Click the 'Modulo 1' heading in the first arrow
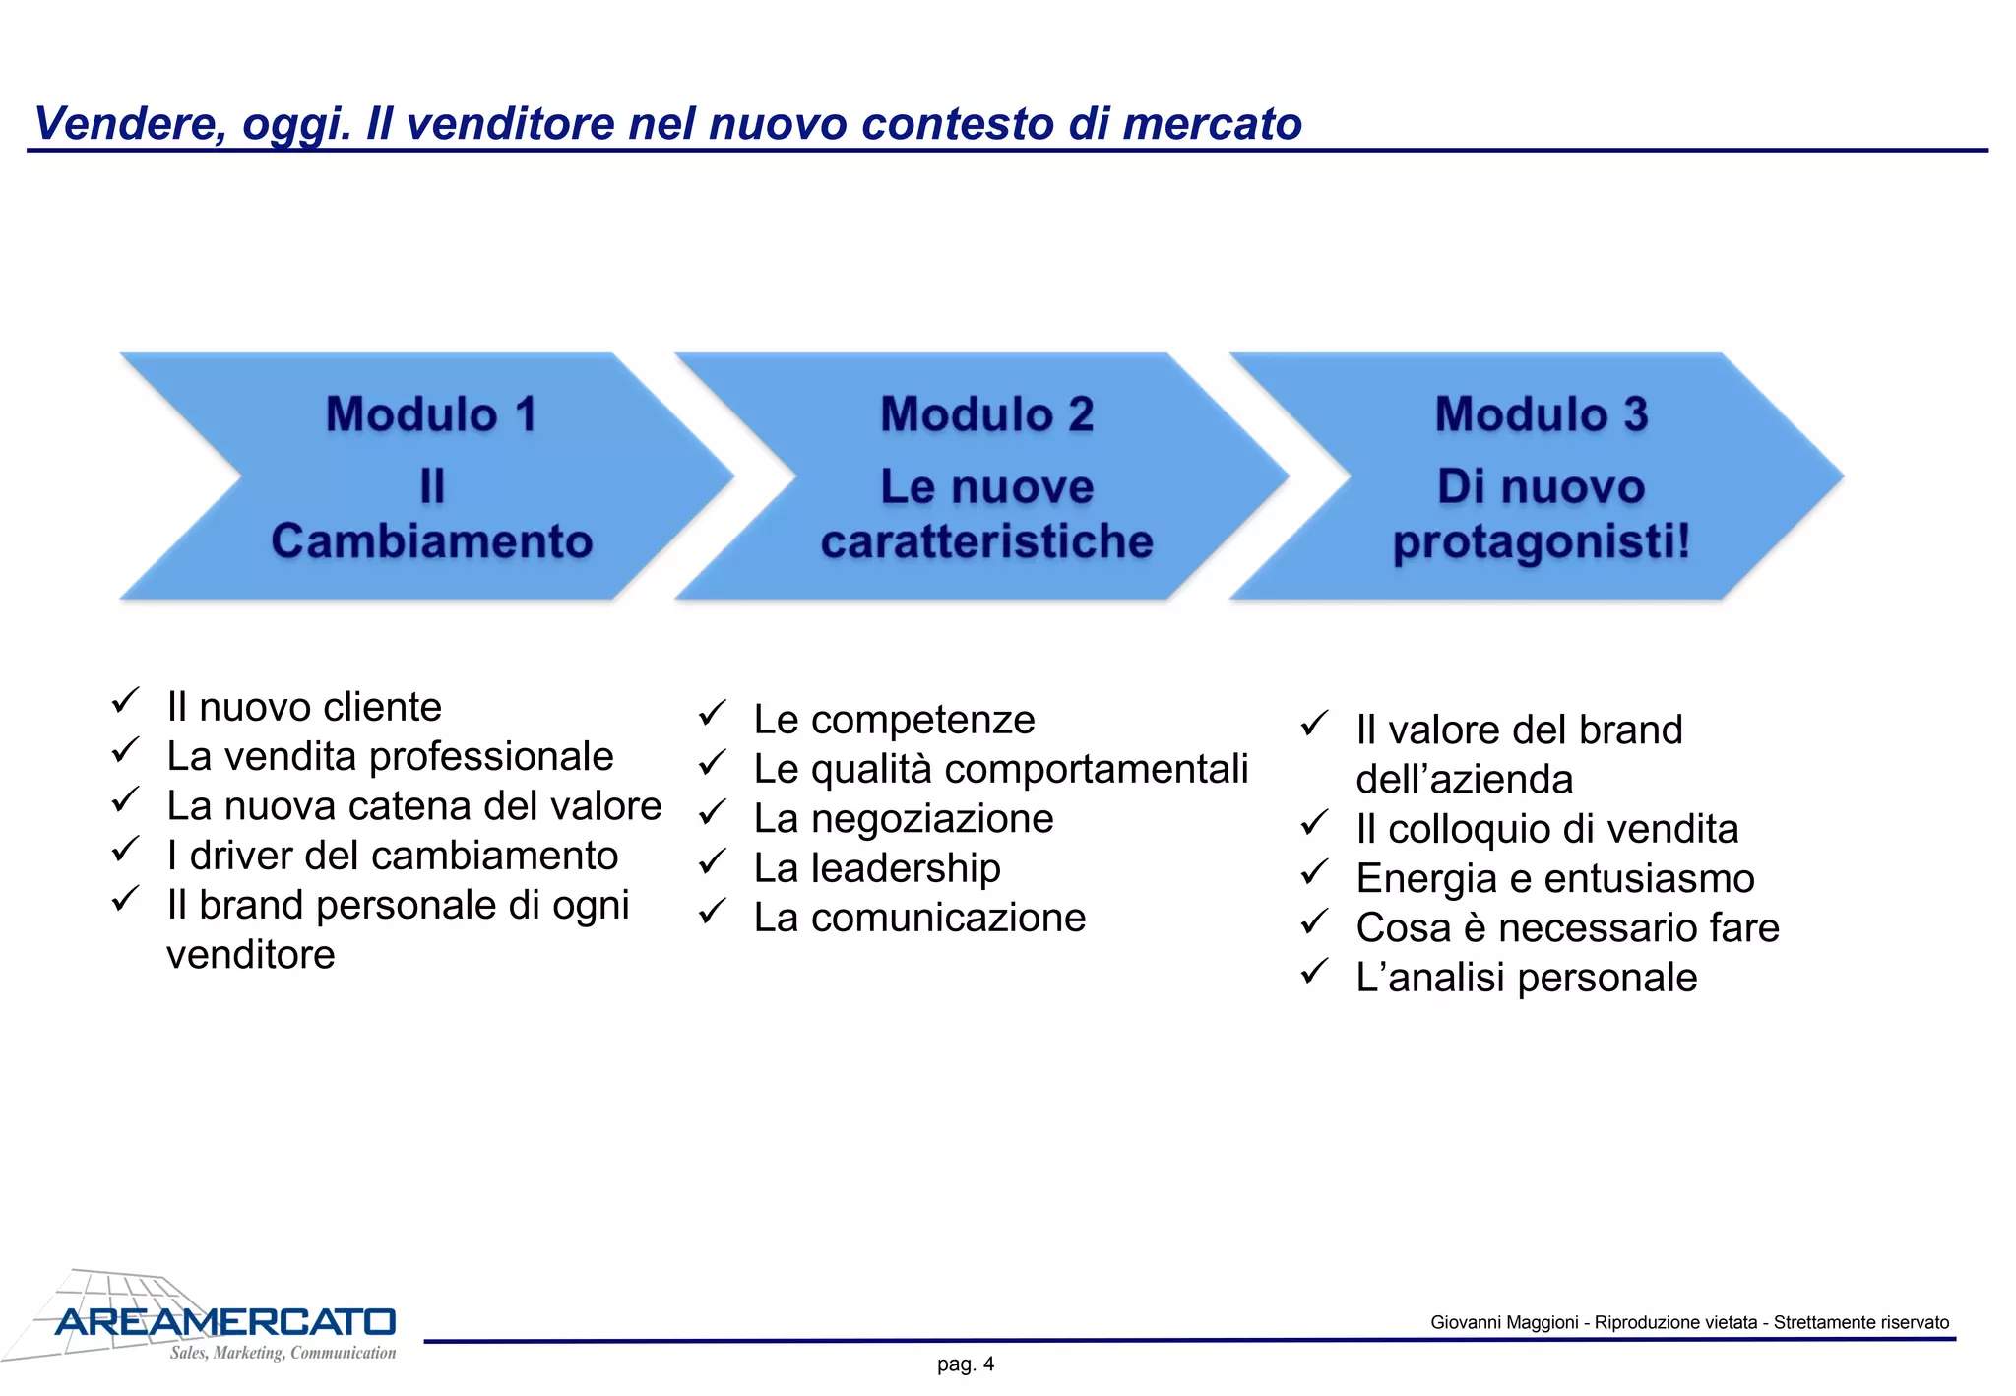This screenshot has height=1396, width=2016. pyautogui.click(x=431, y=413)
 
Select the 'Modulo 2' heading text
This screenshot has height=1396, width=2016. pyautogui.click(x=986, y=413)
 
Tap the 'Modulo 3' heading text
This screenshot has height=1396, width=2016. pyautogui.click(x=1541, y=413)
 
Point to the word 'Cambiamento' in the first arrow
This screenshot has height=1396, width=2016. pyautogui.click(x=431, y=541)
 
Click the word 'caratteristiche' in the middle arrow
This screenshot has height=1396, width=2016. pyautogui.click(x=986, y=541)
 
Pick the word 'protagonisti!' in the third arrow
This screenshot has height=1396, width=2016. pyautogui.click(x=1541, y=541)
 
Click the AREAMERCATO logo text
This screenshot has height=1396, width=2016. pyautogui.click(x=225, y=1322)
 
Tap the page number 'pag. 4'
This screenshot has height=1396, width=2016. pyautogui.click(x=966, y=1364)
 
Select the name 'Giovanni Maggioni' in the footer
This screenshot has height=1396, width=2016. pyautogui.click(x=1503, y=1322)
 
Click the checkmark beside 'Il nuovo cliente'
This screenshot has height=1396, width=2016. pyautogui.click(x=125, y=701)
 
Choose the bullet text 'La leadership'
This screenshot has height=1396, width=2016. pyautogui.click(x=877, y=868)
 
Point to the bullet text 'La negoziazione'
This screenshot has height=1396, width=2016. pyautogui.click(x=904, y=819)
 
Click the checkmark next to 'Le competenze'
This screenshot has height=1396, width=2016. pyautogui.click(x=712, y=714)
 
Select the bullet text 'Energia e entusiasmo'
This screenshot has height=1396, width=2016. pyautogui.click(x=1554, y=878)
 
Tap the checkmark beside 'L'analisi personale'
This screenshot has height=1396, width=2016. pyautogui.click(x=1314, y=972)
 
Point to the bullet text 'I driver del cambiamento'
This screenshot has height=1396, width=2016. pyautogui.click(x=392, y=856)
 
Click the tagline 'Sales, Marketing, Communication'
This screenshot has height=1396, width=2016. pyautogui.click(x=283, y=1353)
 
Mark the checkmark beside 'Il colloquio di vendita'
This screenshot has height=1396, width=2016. pyautogui.click(x=1314, y=823)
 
